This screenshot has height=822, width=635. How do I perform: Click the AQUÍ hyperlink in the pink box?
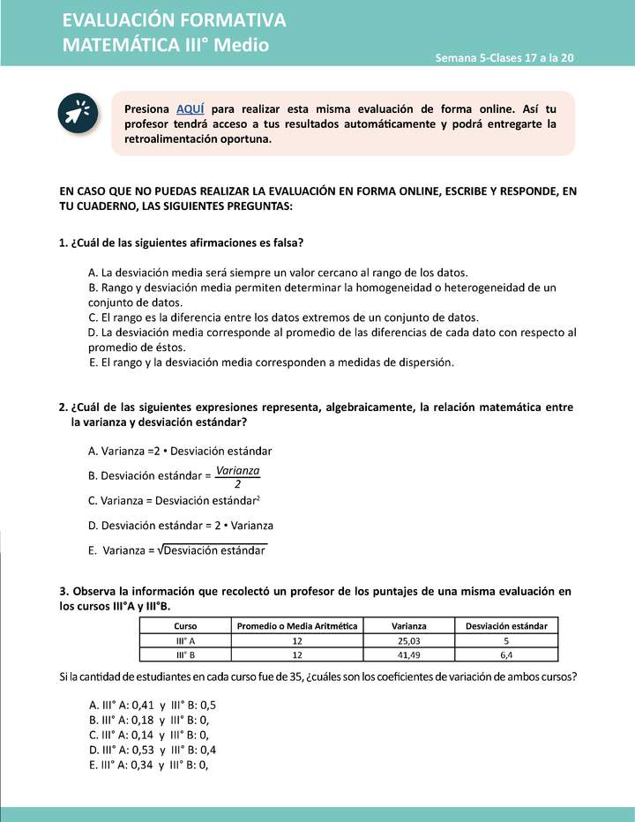point(190,108)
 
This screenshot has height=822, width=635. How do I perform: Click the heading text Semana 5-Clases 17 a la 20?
point(504,57)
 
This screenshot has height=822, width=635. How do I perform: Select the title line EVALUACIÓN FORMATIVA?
point(175,20)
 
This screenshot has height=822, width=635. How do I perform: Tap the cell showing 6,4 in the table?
point(506,654)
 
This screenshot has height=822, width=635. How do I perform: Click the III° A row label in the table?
point(186,640)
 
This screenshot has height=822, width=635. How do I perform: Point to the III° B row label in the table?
point(186,654)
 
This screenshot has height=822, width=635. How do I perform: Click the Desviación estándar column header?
point(506,625)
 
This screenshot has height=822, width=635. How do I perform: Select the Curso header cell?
point(186,625)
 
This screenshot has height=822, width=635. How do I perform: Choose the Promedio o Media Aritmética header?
point(298,625)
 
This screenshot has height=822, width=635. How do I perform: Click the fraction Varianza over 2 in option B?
point(238,476)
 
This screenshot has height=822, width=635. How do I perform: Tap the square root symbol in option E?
point(161,550)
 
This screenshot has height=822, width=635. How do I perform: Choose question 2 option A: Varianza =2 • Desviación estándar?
point(180,450)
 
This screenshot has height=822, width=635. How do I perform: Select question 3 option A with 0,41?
point(153,705)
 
